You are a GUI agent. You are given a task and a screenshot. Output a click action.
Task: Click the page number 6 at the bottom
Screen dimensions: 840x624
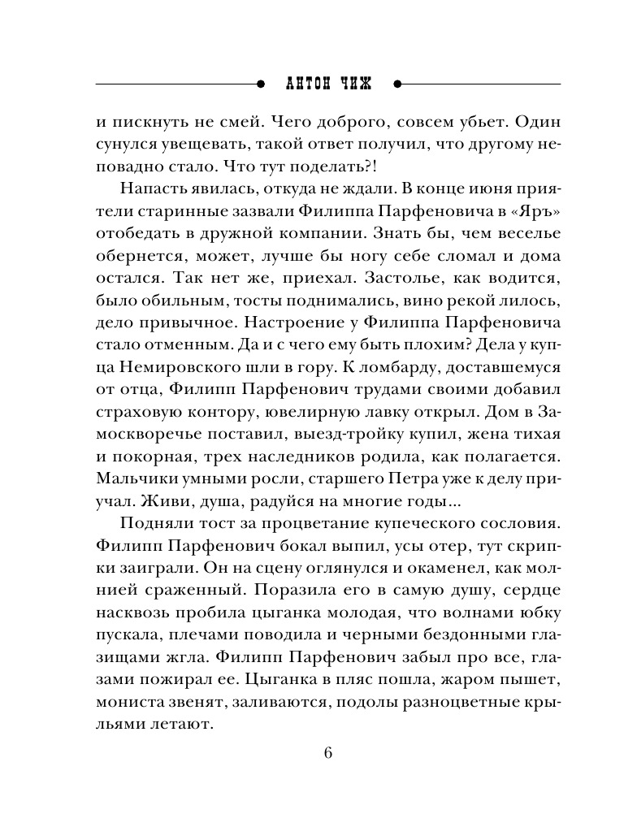(327, 752)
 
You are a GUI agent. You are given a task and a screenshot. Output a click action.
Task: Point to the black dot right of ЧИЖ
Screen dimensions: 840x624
(397, 83)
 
